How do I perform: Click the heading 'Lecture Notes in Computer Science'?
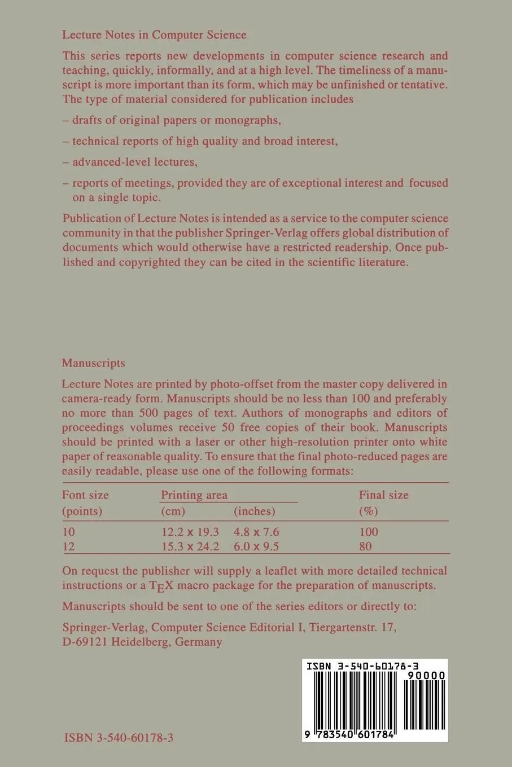(154, 35)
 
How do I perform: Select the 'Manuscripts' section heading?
(94, 363)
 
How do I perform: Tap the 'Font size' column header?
(85, 495)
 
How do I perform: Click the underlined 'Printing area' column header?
(194, 495)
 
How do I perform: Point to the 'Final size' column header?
(383, 495)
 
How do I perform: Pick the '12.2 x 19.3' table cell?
(190, 532)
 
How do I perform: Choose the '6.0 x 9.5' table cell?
(256, 546)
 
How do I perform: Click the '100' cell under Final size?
(369, 532)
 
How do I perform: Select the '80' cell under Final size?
(365, 546)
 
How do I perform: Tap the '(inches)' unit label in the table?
(255, 512)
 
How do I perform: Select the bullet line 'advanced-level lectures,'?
(130, 162)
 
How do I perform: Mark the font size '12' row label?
(68, 546)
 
